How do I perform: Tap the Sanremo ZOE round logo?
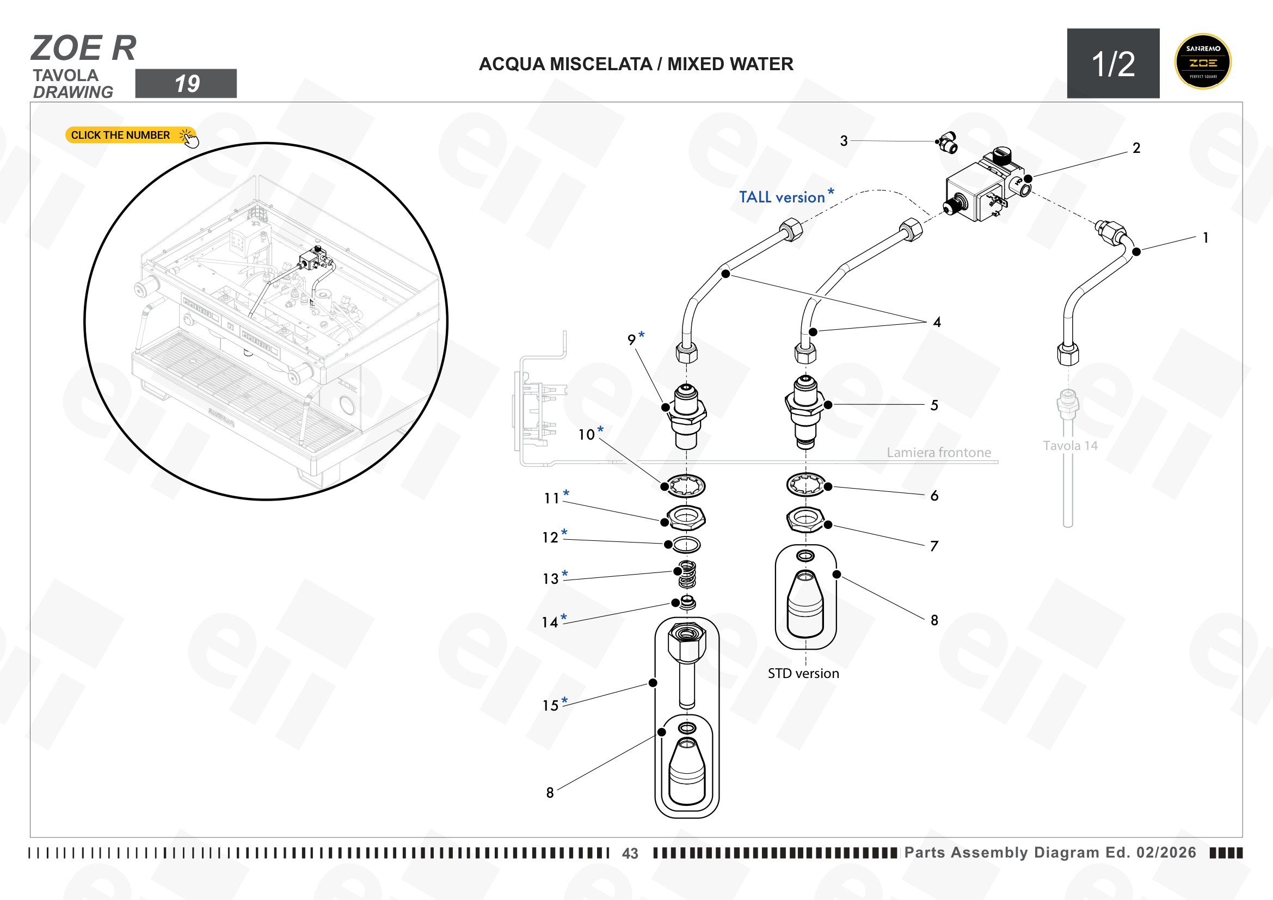[x=1202, y=61]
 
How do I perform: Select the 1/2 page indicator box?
[x=1113, y=63]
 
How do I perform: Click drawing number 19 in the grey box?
[x=186, y=84]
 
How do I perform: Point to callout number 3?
[x=843, y=141]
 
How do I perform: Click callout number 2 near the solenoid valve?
[x=1136, y=148]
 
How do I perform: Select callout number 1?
[x=1205, y=238]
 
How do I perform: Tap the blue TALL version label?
[x=786, y=197]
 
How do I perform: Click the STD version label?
[x=803, y=673]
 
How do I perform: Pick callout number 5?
[x=934, y=405]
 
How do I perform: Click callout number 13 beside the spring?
[x=551, y=578]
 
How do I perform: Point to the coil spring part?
[x=687, y=575]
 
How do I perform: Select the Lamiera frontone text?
[x=939, y=453]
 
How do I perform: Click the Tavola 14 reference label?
[x=1070, y=446]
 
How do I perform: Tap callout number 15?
[x=551, y=706]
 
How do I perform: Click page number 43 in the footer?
[x=630, y=853]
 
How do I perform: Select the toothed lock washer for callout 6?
[x=805, y=485]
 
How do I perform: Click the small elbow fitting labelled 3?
[x=947, y=143]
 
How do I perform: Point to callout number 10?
[x=587, y=434]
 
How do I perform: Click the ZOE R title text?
[x=84, y=48]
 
